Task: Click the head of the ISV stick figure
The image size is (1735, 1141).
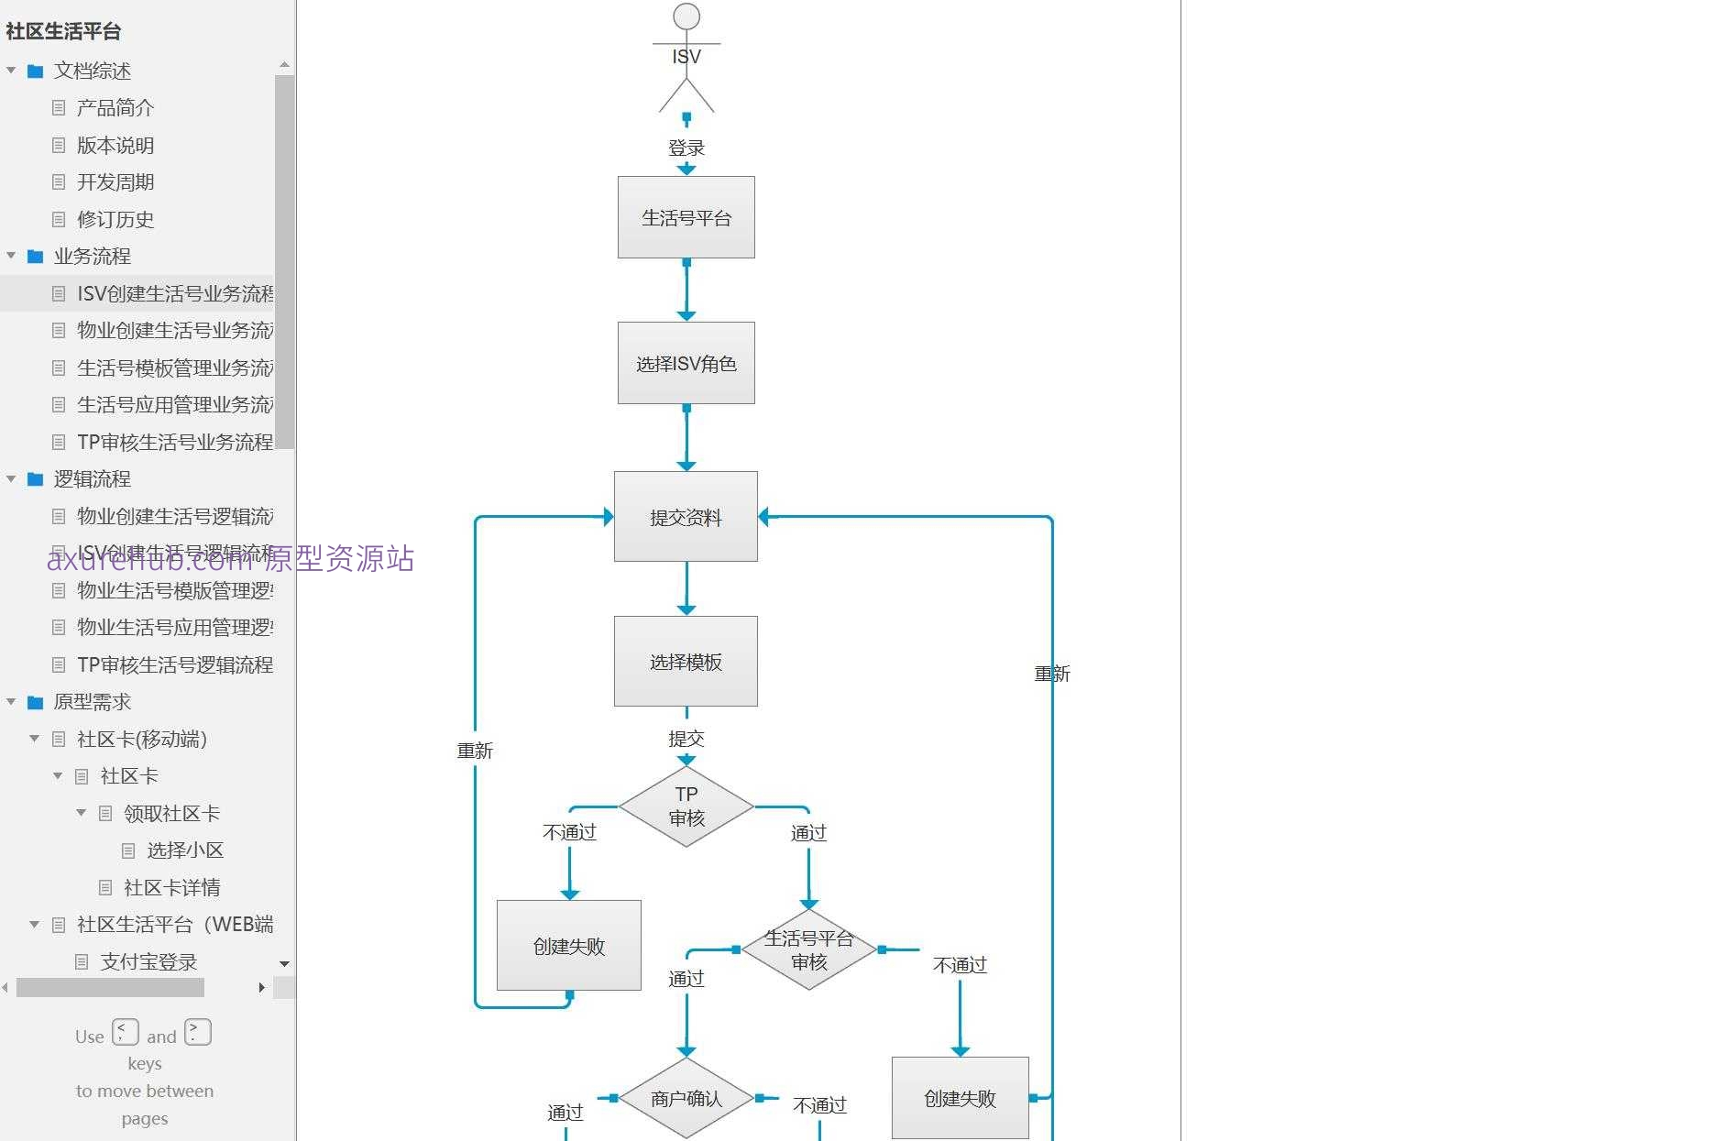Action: (x=686, y=16)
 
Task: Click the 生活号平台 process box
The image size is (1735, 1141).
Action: (x=686, y=217)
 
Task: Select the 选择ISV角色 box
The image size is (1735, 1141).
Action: (x=686, y=363)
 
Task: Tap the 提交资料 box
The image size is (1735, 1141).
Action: (x=686, y=517)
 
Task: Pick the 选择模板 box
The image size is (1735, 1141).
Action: (x=686, y=662)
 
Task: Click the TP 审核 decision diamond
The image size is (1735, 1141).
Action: (x=686, y=806)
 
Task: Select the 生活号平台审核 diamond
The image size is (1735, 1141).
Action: (x=808, y=949)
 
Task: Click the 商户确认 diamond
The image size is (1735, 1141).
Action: (x=686, y=1098)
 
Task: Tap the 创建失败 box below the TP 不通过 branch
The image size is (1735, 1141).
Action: (x=568, y=946)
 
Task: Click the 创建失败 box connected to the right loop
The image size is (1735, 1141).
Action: (x=960, y=1098)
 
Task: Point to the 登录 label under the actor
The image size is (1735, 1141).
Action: (x=686, y=148)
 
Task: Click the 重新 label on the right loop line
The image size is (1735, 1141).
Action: (x=1052, y=674)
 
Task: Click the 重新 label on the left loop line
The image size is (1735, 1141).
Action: (x=475, y=751)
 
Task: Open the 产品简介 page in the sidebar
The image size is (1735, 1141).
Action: (x=115, y=108)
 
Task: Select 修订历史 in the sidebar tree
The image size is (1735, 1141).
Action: (x=115, y=219)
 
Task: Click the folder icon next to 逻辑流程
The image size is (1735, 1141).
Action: (x=36, y=479)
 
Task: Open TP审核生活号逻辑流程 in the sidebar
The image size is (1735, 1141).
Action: (x=174, y=664)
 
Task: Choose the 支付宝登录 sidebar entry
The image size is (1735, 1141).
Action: (x=148, y=961)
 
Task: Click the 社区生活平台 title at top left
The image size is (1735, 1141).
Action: (x=63, y=31)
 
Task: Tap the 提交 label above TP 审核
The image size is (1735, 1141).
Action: (x=686, y=739)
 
